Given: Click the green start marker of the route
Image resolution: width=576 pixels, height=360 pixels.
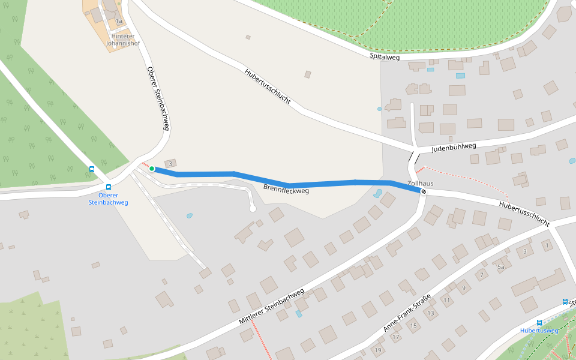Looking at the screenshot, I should click(152, 169).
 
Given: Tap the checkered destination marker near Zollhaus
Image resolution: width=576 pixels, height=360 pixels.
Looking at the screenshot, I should click(424, 191).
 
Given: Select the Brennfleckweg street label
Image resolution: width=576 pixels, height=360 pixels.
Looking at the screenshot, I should click(286, 189).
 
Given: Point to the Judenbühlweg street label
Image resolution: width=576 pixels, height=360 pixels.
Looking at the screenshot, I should click(454, 146).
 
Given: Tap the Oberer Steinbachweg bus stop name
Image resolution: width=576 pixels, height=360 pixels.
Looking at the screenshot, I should click(108, 199).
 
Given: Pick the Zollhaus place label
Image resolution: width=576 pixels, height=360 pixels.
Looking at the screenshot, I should click(420, 183).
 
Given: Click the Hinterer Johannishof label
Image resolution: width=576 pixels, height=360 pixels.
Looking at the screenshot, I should click(123, 40).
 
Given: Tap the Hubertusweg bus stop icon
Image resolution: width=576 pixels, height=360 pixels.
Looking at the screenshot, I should click(539, 322).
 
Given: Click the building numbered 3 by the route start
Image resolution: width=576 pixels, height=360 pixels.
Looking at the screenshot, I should click(170, 163).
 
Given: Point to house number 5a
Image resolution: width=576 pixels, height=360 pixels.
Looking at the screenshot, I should click(500, 266).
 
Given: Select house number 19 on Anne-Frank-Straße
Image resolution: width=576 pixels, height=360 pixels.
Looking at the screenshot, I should click(377, 350).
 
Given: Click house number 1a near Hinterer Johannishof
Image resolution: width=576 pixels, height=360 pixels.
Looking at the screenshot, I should click(119, 21).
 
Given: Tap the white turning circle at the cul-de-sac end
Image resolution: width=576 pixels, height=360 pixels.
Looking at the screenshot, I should click(253, 209).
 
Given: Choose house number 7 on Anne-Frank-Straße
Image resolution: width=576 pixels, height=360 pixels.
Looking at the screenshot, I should click(481, 275).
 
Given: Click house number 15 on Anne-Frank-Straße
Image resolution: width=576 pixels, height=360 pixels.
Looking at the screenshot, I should click(413, 326).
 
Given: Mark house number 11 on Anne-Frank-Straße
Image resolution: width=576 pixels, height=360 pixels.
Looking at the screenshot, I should click(446, 299).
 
